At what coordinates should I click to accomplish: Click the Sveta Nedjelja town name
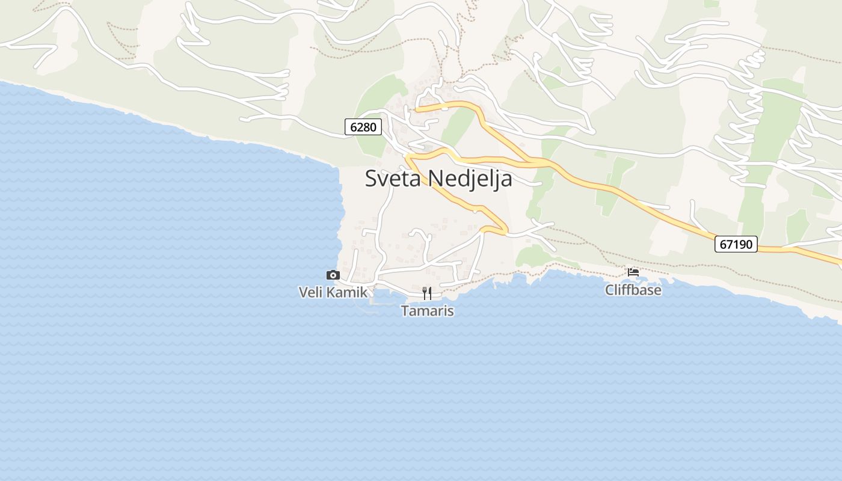click(x=438, y=179)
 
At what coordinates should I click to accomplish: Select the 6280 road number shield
click(x=363, y=127)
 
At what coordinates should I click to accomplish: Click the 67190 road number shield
click(x=736, y=244)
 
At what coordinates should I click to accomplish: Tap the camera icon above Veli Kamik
click(x=333, y=275)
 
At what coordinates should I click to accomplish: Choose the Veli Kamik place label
click(x=333, y=293)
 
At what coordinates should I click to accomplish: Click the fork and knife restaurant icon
click(x=427, y=293)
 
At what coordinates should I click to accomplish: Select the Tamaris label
click(x=427, y=311)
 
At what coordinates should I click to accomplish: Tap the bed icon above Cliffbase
click(x=633, y=272)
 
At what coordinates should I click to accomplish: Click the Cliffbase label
click(x=633, y=290)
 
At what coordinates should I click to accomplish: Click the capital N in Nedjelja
click(x=434, y=179)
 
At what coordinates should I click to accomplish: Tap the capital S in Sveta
click(x=371, y=179)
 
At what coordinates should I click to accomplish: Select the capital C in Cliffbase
click(x=609, y=290)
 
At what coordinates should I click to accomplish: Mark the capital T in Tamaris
click(x=405, y=311)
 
